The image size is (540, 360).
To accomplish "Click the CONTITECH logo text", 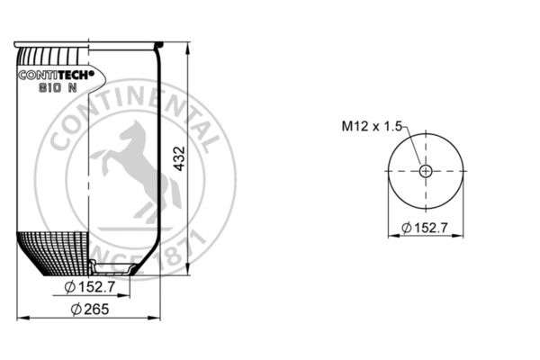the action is pos(56,75).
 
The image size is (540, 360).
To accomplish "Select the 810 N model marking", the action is pos(58,88).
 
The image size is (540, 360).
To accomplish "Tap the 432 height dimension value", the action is pos(179,158).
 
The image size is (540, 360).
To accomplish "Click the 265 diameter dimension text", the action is pos(90,309).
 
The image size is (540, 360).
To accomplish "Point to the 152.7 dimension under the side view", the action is pos(90,287).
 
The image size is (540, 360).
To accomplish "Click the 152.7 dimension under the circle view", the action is pos(425,228).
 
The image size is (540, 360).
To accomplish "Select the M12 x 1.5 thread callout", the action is pos(372,126).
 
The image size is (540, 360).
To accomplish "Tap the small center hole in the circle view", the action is pos(426,171).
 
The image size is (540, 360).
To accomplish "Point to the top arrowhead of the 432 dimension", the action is pos(188,49).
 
